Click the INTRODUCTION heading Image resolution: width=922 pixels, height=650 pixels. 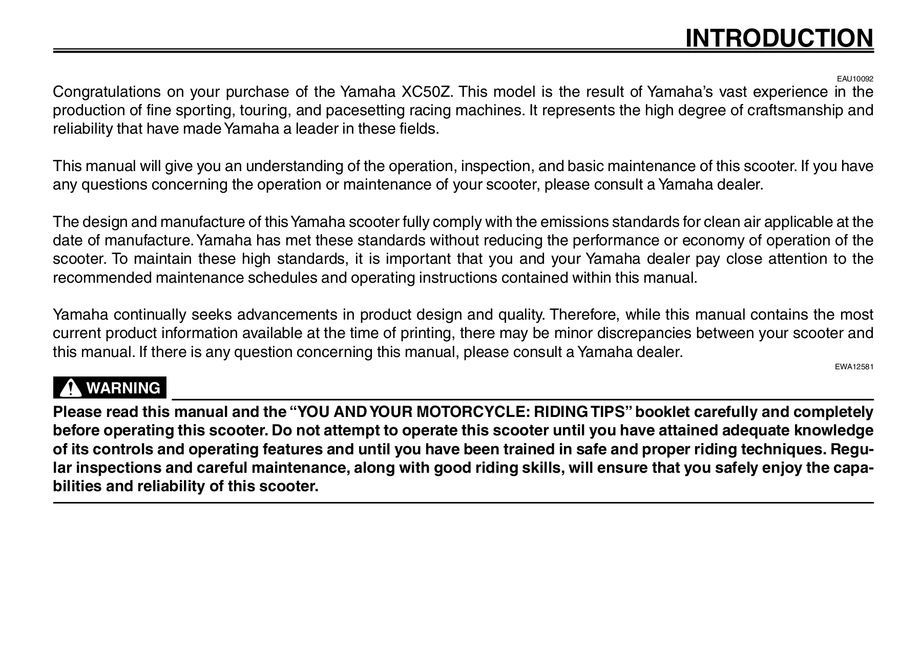(x=779, y=38)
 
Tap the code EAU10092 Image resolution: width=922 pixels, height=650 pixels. (x=855, y=79)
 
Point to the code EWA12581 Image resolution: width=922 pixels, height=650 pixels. (x=855, y=367)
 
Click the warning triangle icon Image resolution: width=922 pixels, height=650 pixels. (x=70, y=389)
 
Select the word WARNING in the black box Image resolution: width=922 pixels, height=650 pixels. (x=123, y=388)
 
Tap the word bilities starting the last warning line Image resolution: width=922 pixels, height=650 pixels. (x=77, y=486)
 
